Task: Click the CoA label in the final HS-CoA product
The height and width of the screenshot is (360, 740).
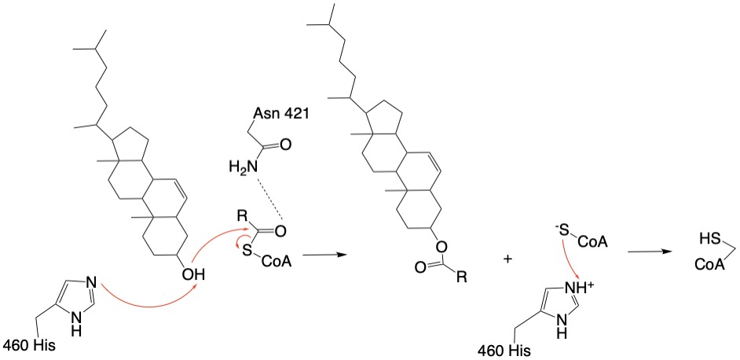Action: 709,265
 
